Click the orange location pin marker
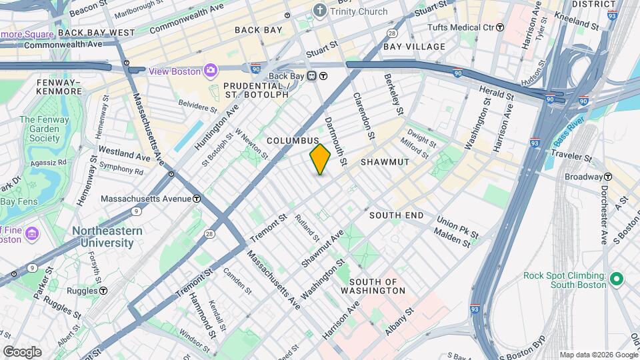[x=320, y=159]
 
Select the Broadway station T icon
[x=607, y=177]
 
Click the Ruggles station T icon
[x=104, y=291]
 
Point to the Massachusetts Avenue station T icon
[x=197, y=199]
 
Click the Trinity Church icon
[x=321, y=11]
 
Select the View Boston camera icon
[x=211, y=71]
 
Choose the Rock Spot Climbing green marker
[x=617, y=279]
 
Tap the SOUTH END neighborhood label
[x=396, y=215]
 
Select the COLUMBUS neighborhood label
[x=293, y=141]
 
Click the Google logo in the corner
[x=21, y=351]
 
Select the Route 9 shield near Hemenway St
[x=137, y=211]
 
